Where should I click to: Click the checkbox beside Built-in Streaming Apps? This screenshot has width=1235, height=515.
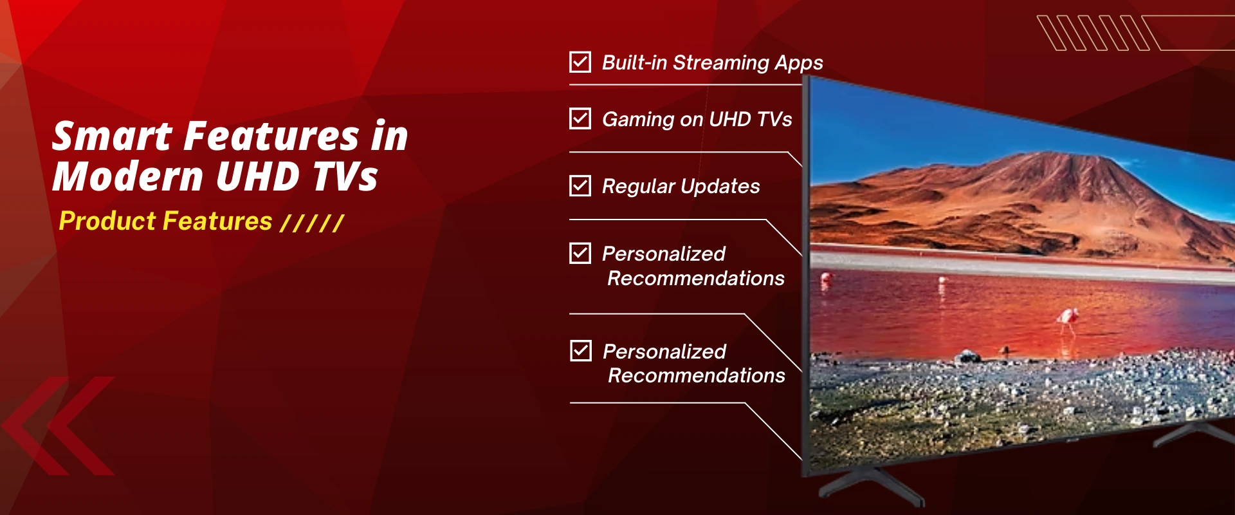580,62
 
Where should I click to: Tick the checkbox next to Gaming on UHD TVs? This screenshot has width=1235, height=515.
580,118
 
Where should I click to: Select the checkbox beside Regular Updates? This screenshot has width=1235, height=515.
580,186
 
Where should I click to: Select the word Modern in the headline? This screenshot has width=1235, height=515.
127,176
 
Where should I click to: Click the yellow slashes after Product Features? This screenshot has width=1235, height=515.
313,223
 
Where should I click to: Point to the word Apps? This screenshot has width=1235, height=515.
798,63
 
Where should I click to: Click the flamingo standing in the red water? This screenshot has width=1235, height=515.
1068,318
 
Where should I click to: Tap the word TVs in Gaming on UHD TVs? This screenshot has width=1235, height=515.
774,120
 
